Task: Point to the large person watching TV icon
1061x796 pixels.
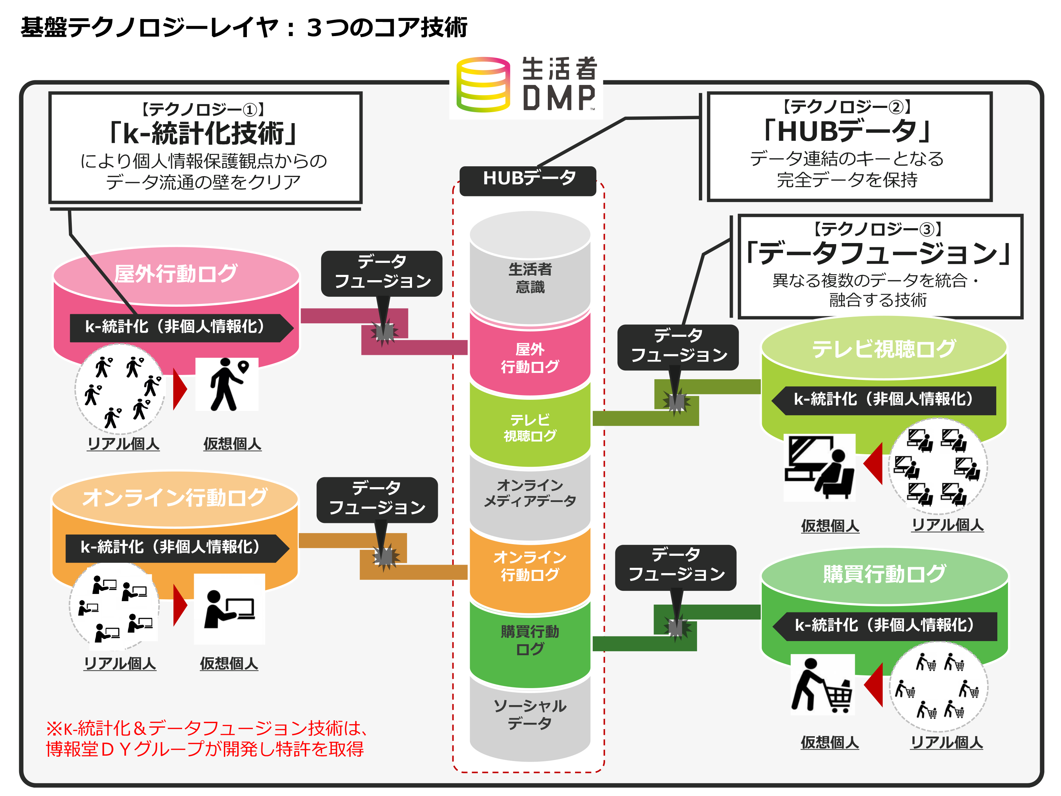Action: [819, 468]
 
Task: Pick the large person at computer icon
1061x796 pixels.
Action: [229, 609]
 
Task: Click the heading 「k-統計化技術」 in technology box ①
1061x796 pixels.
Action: [204, 133]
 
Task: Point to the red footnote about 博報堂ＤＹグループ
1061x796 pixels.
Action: [206, 739]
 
